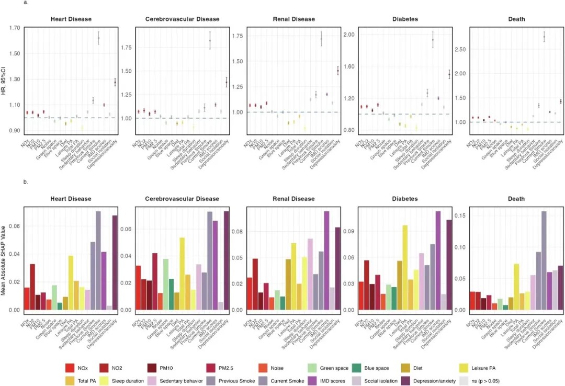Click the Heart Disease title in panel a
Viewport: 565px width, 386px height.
[71, 19]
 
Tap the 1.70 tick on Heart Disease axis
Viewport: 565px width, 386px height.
[14, 28]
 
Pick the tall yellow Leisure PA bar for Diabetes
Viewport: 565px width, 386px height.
[405, 267]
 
